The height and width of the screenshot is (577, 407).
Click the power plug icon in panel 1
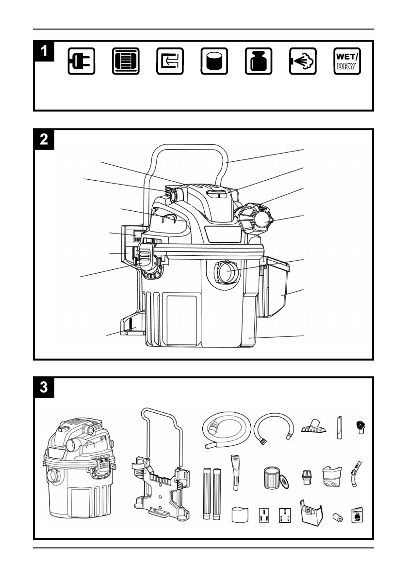click(81, 61)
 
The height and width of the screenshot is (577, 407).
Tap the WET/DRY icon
click(347, 61)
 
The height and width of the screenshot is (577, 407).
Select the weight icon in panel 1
click(259, 61)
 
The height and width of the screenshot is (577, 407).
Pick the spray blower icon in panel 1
click(303, 61)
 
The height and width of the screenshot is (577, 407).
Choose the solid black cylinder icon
click(214, 61)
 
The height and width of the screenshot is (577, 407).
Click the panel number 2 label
click(44, 139)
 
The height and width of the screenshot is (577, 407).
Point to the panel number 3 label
click(44, 387)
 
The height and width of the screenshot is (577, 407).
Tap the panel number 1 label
click(44, 51)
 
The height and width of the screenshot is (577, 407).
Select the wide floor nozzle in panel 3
click(313, 425)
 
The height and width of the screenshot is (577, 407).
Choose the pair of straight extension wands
click(212, 494)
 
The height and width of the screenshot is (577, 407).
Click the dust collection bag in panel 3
click(311, 511)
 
